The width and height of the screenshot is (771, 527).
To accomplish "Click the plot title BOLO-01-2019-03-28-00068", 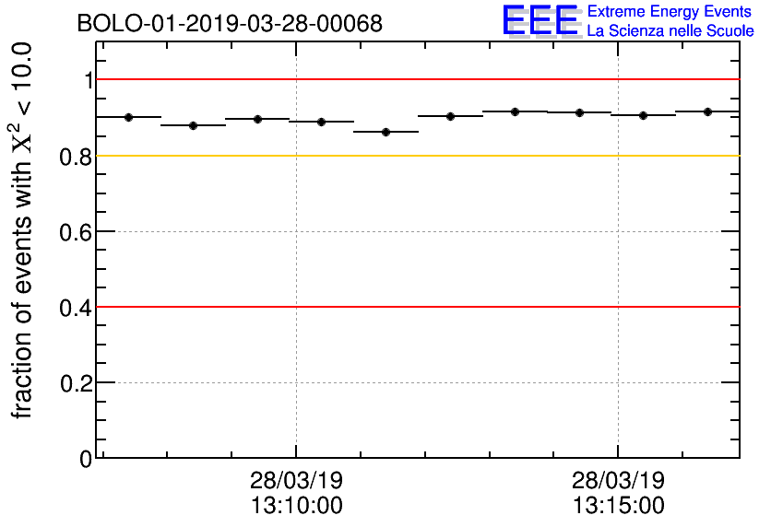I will pyautogui.click(x=230, y=24).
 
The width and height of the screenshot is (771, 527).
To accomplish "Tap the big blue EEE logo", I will pyautogui.click(x=540, y=20).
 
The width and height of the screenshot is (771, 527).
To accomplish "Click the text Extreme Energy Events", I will pyautogui.click(x=670, y=12).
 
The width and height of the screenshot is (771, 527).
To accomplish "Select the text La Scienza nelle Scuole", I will pyautogui.click(x=670, y=31).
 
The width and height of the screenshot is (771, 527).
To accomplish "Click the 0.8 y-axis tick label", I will pyautogui.click(x=77, y=156).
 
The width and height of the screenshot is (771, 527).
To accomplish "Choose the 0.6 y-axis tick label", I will pyautogui.click(x=77, y=231).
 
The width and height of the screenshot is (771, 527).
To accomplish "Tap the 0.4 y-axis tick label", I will pyautogui.click(x=77, y=307).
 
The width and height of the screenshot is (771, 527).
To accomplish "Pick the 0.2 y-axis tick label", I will pyautogui.click(x=77, y=382).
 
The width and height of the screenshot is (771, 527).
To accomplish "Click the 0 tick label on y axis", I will pyautogui.click(x=87, y=458).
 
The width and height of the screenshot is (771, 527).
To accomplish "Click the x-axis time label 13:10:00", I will pyautogui.click(x=296, y=506).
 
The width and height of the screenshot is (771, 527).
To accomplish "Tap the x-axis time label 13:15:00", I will pyautogui.click(x=618, y=506).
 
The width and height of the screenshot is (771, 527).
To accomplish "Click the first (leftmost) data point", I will pyautogui.click(x=129, y=117).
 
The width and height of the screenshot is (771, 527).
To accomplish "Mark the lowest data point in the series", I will pyautogui.click(x=386, y=132).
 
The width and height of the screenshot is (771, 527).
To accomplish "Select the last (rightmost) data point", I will pyautogui.click(x=707, y=111).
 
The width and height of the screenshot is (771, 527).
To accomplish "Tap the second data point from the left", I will pyautogui.click(x=194, y=125).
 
